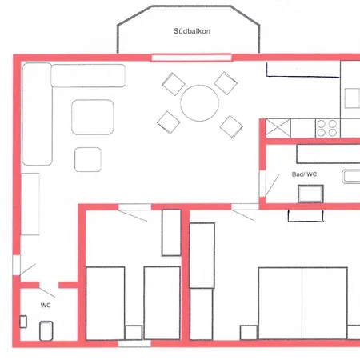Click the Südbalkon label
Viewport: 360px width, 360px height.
coord(192,31)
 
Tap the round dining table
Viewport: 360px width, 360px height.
coord(199,103)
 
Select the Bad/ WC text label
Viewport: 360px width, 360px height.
coord(304,174)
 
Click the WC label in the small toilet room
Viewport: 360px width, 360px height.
coord(46,306)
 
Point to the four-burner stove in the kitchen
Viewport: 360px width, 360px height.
coord(327,128)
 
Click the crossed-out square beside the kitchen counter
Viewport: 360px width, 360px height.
coord(278,128)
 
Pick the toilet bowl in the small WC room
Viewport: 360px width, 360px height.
coord(46,330)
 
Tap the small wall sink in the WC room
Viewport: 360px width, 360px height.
coord(23,322)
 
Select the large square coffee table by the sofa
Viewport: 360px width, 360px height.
coord(93,117)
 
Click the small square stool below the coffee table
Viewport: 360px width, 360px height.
coord(88,159)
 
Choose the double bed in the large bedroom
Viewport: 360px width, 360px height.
coord(302,303)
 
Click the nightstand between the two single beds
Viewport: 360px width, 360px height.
coord(134,332)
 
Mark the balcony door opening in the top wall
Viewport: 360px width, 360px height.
coord(191,58)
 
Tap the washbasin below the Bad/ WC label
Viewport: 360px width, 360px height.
coord(310,194)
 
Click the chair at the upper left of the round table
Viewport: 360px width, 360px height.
coord(174,84)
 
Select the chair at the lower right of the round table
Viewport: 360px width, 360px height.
coord(231,126)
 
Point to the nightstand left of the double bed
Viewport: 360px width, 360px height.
coord(249,332)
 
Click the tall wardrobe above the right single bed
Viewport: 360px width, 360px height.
coord(171,233)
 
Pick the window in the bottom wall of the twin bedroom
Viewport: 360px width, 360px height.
coord(134,343)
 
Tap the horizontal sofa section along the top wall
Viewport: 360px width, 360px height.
coord(88,75)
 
